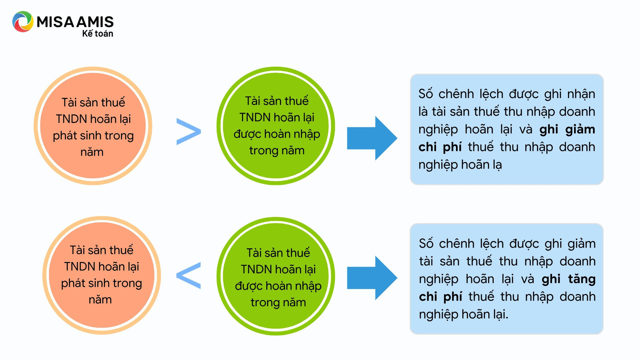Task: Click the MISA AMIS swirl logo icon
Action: point(23,22)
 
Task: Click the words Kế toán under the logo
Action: point(97,33)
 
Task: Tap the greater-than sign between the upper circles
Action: point(189,131)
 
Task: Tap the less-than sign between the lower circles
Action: point(189,275)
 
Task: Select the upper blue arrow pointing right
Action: point(372,138)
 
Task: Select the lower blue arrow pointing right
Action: point(372,278)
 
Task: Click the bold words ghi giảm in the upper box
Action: point(567,129)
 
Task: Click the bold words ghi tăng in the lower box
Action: point(568,279)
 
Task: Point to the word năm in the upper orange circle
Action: point(92,152)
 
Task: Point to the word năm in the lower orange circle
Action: point(100,300)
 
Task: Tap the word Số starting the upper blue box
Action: point(426,94)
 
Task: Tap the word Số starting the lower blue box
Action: point(426,244)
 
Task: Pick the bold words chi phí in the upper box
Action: point(440,147)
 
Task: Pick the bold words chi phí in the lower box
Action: point(440,297)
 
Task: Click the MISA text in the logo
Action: point(55,22)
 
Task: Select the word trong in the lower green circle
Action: point(265,303)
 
